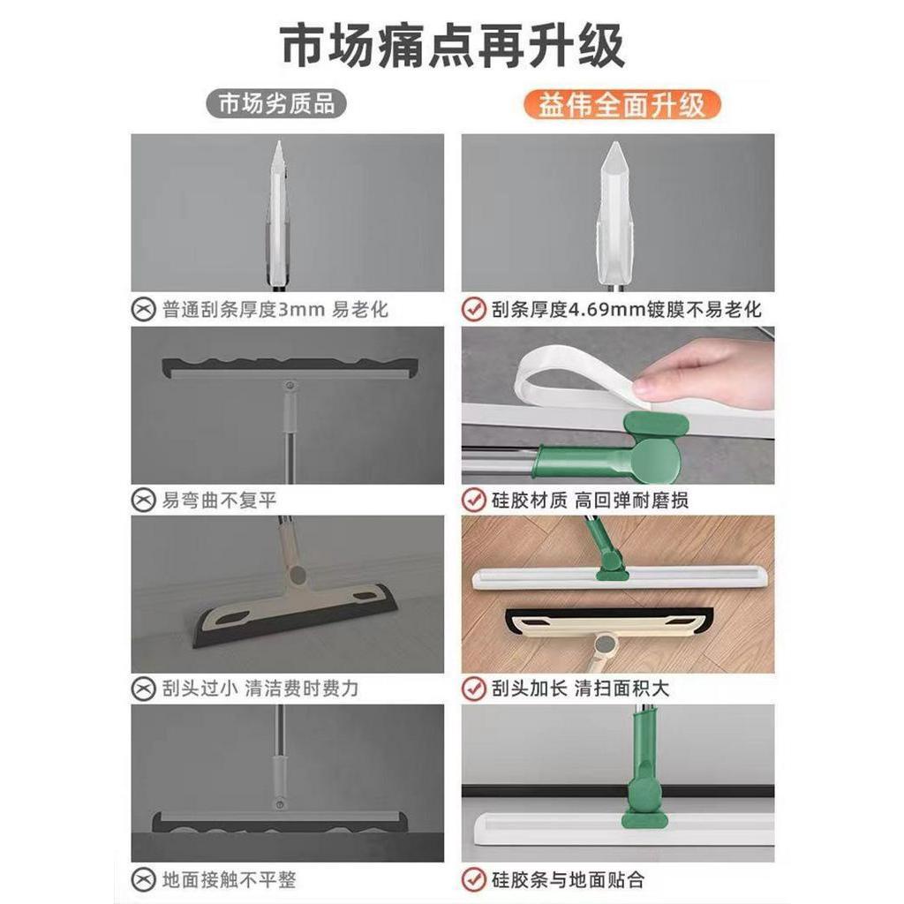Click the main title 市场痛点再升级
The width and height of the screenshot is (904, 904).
coord(453,46)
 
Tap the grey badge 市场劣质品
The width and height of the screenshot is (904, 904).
coord(276,104)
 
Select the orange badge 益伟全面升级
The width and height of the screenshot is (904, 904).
coord(622,105)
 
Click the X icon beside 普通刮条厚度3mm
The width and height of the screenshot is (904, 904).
coord(143,310)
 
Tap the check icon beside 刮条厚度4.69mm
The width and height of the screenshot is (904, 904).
coord(474,310)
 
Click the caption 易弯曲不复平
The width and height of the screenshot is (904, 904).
coord(220,500)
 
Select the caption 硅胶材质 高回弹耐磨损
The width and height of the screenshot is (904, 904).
coord(590,500)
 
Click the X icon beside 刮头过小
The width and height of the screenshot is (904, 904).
coord(143,689)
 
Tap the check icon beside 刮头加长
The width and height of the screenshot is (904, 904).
coord(474,689)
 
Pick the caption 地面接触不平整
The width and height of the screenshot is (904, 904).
coord(229,880)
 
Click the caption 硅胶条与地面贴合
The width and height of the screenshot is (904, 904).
coord(568,880)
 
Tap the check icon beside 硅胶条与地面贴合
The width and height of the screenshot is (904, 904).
coord(474,880)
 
